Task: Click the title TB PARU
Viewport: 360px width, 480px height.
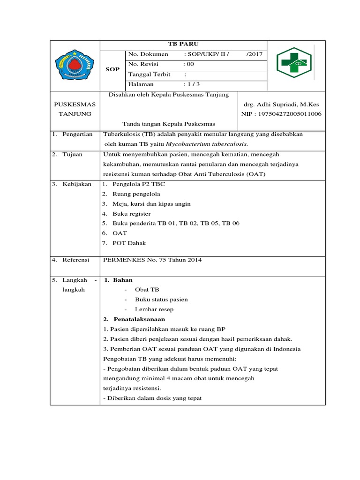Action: point(183,44)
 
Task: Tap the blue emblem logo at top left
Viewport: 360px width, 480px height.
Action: point(75,65)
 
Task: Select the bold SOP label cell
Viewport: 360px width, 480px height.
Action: point(112,69)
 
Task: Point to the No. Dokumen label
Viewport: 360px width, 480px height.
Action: point(148,54)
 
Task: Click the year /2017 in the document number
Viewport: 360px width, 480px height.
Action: point(255,54)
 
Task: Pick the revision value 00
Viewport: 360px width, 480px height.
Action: point(188,64)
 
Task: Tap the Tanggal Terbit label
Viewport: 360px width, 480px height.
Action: point(150,75)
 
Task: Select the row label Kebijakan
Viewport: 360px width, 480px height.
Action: point(77,184)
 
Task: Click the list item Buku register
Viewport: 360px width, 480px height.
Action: point(132,214)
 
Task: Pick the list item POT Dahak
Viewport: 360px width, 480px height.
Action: point(129,243)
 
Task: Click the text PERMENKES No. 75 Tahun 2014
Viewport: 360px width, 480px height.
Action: point(152,260)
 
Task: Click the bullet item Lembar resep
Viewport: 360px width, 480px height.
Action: point(154,309)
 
